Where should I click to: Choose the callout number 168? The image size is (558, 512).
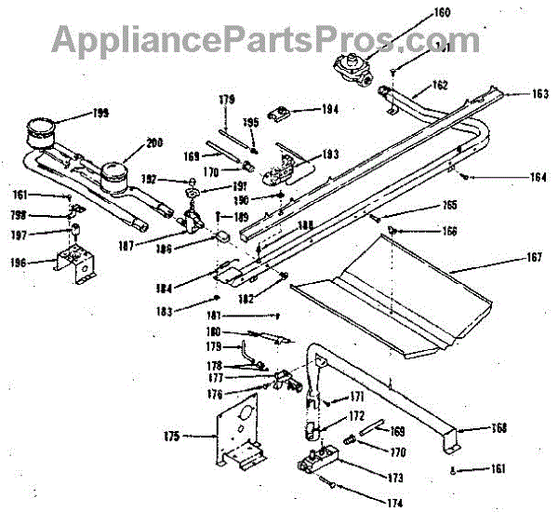click(x=499, y=428)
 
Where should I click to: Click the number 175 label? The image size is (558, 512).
click(x=171, y=435)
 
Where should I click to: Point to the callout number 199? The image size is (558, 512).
click(x=99, y=113)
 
